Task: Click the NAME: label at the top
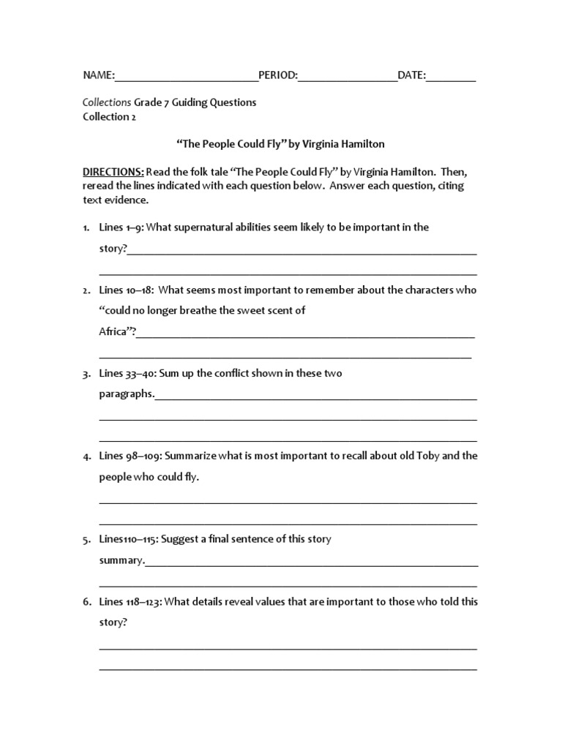point(99,75)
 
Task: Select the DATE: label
point(411,75)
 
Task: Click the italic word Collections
point(106,102)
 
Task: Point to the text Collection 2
point(109,116)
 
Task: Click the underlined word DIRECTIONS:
point(113,172)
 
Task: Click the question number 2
point(86,290)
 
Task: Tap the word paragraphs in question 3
point(126,394)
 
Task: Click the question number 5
point(86,540)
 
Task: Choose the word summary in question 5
point(121,560)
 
